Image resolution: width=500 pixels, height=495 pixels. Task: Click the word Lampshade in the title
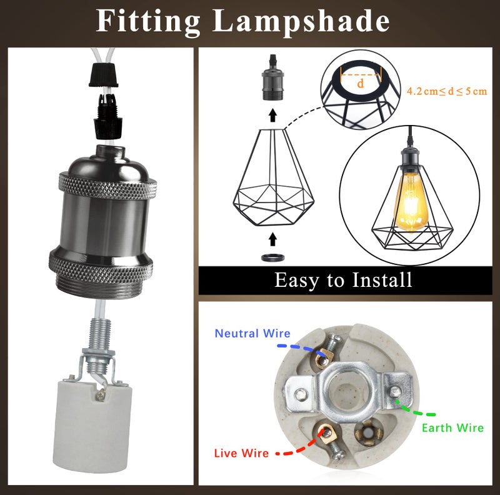(301, 22)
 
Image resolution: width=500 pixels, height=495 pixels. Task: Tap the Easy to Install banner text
(343, 280)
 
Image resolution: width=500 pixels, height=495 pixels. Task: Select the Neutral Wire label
(252, 333)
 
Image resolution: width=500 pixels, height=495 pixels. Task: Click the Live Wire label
(241, 452)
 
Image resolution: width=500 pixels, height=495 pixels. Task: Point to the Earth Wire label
(452, 428)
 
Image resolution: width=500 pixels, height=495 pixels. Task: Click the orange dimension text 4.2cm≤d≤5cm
(446, 91)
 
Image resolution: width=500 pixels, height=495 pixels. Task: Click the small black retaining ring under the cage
(272, 257)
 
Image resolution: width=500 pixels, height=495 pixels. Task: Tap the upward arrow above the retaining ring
(272, 238)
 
